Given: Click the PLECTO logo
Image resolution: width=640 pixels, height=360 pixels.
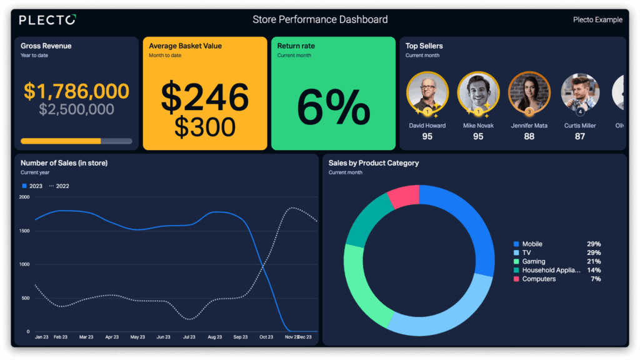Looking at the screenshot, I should click(47, 20).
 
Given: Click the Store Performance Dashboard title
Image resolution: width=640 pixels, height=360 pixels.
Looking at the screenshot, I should click(320, 19).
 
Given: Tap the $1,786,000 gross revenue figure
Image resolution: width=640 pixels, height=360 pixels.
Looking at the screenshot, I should click(76, 91).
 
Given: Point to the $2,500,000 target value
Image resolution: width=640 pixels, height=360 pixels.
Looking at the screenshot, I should click(76, 109).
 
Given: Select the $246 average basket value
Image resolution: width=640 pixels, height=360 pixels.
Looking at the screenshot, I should click(205, 97).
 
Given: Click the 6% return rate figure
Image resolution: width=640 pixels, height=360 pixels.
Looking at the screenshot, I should click(333, 107).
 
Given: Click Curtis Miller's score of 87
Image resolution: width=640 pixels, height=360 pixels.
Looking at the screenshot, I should click(580, 136).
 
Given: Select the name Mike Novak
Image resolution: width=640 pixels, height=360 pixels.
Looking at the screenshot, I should click(478, 126).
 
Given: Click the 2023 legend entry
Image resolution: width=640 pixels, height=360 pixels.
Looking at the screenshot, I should click(33, 186).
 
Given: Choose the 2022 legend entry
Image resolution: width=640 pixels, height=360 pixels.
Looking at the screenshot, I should click(59, 186).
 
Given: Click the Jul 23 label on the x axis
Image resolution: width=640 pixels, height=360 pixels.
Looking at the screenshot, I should click(189, 337).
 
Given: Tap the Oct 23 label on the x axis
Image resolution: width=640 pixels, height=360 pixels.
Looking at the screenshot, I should click(266, 337).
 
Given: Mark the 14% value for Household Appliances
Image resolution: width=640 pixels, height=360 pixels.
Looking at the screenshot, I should click(593, 270).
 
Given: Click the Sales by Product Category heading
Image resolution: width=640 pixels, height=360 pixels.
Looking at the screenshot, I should click(374, 163).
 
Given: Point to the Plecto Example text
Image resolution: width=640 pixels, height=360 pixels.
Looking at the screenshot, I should click(597, 20).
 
